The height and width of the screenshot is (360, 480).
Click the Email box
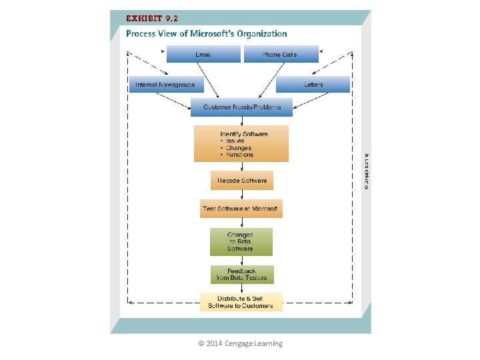[x=203, y=54]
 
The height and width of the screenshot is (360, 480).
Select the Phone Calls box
[x=281, y=54]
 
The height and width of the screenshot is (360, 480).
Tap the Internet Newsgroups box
[x=165, y=85]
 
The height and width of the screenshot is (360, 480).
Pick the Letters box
[x=313, y=85]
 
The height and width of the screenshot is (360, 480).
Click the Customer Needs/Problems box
[x=241, y=107]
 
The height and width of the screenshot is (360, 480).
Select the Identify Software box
[x=241, y=143]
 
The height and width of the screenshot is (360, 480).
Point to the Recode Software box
[x=241, y=181]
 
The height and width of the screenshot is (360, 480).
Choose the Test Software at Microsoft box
[x=241, y=209]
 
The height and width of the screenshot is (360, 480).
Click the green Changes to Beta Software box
[x=241, y=242]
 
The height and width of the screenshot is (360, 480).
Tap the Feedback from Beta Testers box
[x=241, y=275]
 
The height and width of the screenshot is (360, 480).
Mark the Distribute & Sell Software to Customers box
[x=241, y=302]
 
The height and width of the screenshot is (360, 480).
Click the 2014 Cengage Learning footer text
[x=241, y=343]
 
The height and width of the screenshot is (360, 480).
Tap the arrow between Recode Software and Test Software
[x=241, y=195]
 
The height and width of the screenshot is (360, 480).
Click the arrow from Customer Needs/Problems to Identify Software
[x=241, y=120]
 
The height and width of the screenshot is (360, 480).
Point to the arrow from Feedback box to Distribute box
[x=241, y=288]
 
